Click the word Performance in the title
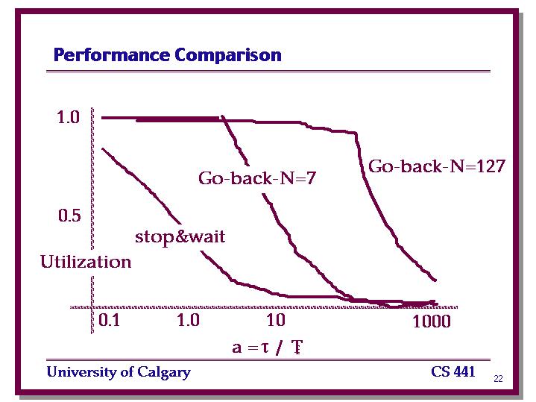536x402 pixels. (111, 55)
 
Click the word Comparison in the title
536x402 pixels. (228, 55)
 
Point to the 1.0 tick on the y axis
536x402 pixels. (68, 117)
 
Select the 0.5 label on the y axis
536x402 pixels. (69, 216)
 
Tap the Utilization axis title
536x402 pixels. (86, 262)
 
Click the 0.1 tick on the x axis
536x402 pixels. (109, 320)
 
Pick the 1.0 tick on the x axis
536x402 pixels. (189, 320)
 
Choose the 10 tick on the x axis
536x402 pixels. (276, 320)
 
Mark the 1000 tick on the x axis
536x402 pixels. (432, 321)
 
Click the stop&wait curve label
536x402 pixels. (180, 236)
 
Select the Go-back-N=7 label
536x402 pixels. (257, 178)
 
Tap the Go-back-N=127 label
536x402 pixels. (437, 166)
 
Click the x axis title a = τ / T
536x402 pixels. (268, 348)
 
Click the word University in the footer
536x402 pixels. (81, 371)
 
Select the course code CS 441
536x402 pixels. (453, 371)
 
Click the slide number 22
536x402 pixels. (498, 378)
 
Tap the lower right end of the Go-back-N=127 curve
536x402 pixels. (435, 280)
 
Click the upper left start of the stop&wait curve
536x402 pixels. (103, 149)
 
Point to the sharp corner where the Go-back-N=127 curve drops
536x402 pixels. (356, 133)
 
